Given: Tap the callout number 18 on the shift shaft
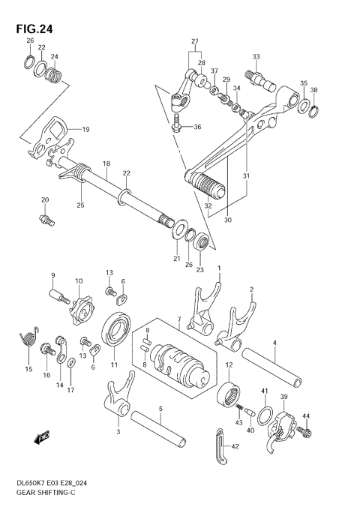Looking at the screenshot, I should click(106, 164).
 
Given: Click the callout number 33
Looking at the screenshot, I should click(256, 57).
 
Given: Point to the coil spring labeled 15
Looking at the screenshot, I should click(28, 336).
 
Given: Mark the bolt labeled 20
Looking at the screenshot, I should click(46, 219).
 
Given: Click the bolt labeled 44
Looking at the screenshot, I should click(305, 433).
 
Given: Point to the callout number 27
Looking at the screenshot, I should click(194, 40).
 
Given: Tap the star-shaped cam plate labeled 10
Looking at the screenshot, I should click(78, 308).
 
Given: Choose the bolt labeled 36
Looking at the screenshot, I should click(177, 125).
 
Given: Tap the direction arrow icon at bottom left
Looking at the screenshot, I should click(40, 436).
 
